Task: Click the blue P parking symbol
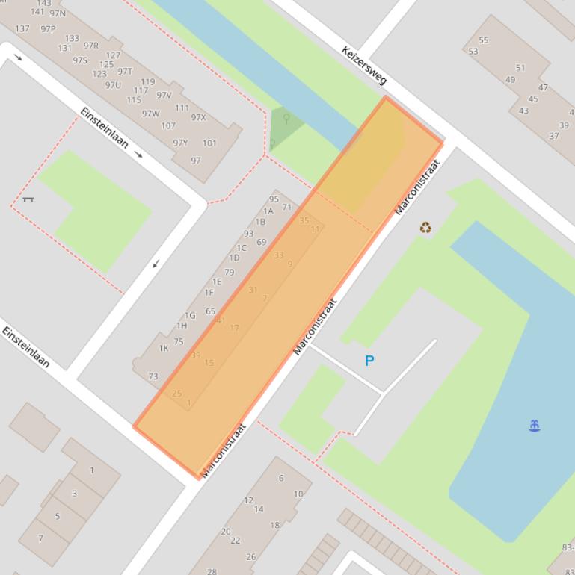click(369, 361)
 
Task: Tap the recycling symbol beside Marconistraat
click(425, 228)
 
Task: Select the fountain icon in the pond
click(534, 426)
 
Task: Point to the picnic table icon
click(28, 199)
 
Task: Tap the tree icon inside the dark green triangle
click(286, 119)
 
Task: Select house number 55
click(483, 40)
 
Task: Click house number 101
click(209, 143)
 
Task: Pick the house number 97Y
click(180, 143)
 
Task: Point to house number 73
click(153, 376)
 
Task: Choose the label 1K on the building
click(163, 348)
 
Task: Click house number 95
click(274, 199)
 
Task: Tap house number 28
click(212, 571)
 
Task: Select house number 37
click(553, 136)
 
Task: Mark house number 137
click(22, 28)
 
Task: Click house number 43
click(523, 111)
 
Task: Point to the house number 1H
click(182, 326)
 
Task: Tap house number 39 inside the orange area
click(196, 355)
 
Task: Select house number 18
click(274, 525)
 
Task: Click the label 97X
click(198, 117)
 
